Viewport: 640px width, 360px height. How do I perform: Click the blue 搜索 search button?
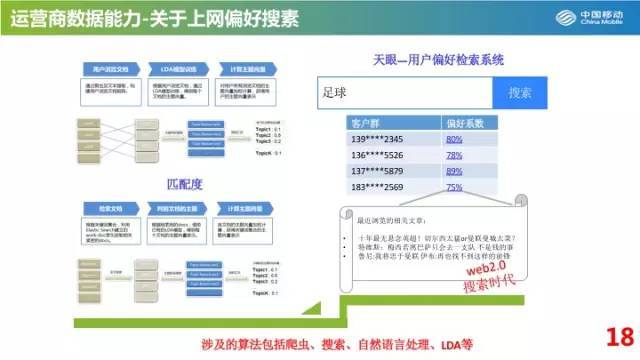520,92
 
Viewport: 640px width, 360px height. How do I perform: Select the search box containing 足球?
404,92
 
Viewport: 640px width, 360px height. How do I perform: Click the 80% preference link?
454,139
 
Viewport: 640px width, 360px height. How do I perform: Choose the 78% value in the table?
454,155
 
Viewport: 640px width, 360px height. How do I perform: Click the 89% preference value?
454,171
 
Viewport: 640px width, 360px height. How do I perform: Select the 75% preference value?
454,187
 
